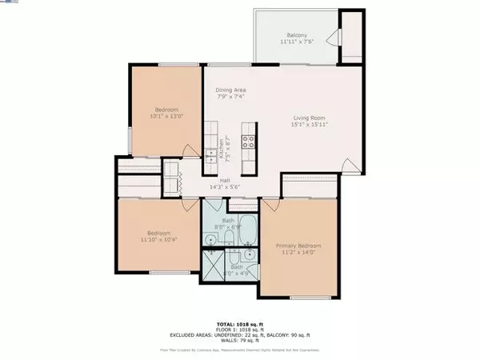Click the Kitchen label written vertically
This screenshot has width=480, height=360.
221,149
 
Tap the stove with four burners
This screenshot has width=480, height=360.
248,144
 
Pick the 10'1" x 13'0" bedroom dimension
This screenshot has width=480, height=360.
166,116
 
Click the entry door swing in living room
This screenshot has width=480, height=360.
349,166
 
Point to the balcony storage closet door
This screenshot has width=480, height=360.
336,36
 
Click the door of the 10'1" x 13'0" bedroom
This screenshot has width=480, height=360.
187,152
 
